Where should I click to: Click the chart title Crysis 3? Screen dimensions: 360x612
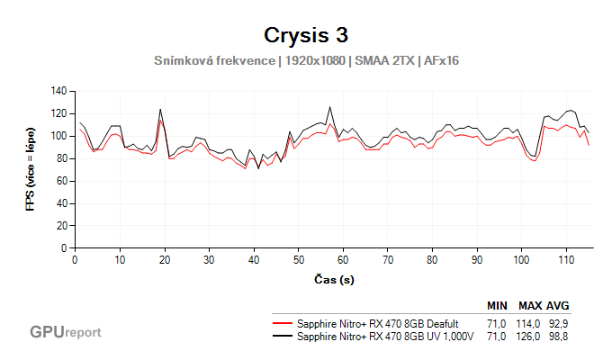coord(306,35)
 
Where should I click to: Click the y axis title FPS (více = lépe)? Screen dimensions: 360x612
coord(31,169)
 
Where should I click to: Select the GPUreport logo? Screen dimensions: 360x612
coord(66,332)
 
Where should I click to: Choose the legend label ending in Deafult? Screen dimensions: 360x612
coord(378,323)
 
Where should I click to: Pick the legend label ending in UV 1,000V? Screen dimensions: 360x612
coord(385,336)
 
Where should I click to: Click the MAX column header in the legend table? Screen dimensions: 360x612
coord(529,305)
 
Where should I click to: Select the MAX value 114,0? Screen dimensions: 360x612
coord(528,323)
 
